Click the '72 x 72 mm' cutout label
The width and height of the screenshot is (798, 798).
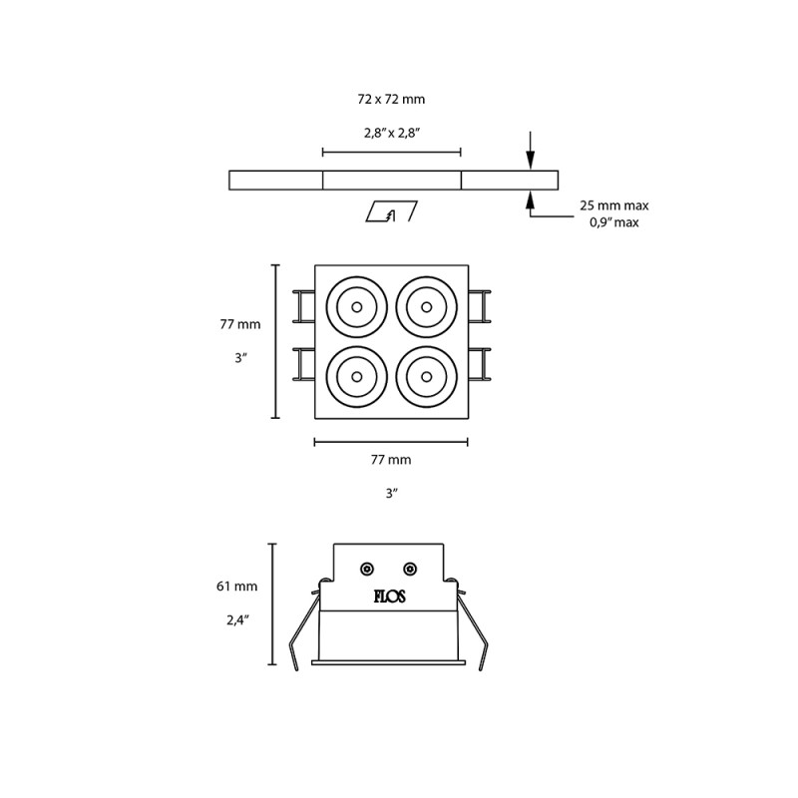(x=391, y=100)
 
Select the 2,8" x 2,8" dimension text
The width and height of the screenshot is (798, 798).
(x=391, y=133)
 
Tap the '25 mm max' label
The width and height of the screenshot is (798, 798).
(x=613, y=205)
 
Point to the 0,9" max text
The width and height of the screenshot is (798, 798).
(x=613, y=222)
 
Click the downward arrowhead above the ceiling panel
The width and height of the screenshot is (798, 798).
(x=531, y=160)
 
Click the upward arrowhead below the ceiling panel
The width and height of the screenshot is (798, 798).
(x=531, y=200)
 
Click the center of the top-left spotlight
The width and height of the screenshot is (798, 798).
(x=356, y=307)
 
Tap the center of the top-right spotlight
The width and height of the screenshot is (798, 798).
(x=426, y=307)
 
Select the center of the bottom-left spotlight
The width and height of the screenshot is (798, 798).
(x=356, y=377)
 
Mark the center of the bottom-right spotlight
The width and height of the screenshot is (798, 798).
(x=426, y=377)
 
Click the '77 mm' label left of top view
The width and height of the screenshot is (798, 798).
(x=240, y=324)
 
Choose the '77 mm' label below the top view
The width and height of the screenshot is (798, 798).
(x=391, y=460)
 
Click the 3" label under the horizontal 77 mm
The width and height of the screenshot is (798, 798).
(x=391, y=494)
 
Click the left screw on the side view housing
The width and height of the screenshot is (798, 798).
(x=367, y=569)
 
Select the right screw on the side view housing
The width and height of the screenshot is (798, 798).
(x=409, y=569)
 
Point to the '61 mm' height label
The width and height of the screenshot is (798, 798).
(x=237, y=587)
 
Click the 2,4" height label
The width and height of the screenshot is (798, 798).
(x=237, y=619)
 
